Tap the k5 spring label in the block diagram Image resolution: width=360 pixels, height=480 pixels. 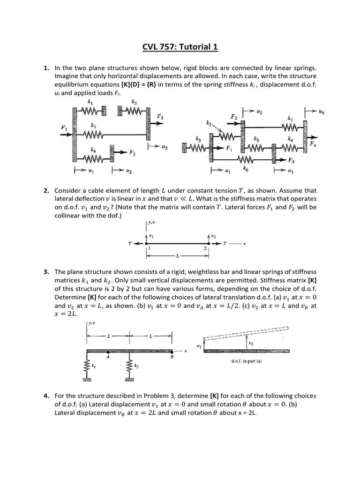(x=199, y=139)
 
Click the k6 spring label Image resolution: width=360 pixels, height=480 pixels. (x=246, y=167)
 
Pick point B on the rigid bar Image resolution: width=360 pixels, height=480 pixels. (x=172, y=358)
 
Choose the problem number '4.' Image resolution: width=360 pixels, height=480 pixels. (x=46, y=396)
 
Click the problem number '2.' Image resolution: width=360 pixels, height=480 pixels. (x=46, y=191)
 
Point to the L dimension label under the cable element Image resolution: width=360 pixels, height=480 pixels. (x=177, y=257)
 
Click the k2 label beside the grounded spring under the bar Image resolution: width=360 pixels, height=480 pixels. (x=136, y=366)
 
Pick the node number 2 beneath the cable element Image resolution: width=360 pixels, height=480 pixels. (x=205, y=249)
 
